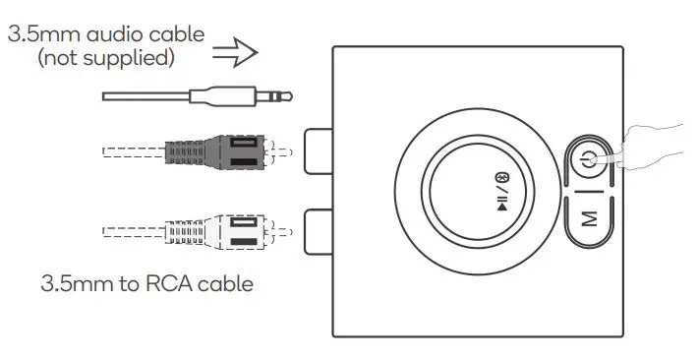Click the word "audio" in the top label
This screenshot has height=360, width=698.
[x=119, y=33]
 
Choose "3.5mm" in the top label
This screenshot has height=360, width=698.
[x=46, y=33]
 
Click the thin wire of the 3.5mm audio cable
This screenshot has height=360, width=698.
[x=147, y=96]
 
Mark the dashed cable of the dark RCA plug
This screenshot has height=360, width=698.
[x=133, y=152]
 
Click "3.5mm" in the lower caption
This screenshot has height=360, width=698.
[x=75, y=285]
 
